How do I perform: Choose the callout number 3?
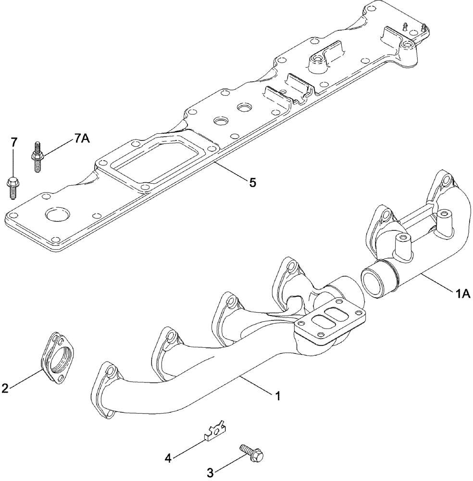(210, 473)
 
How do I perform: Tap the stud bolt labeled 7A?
(37, 156)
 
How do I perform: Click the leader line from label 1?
(257, 386)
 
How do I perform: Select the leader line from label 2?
(26, 378)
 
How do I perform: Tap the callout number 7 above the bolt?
(13, 142)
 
